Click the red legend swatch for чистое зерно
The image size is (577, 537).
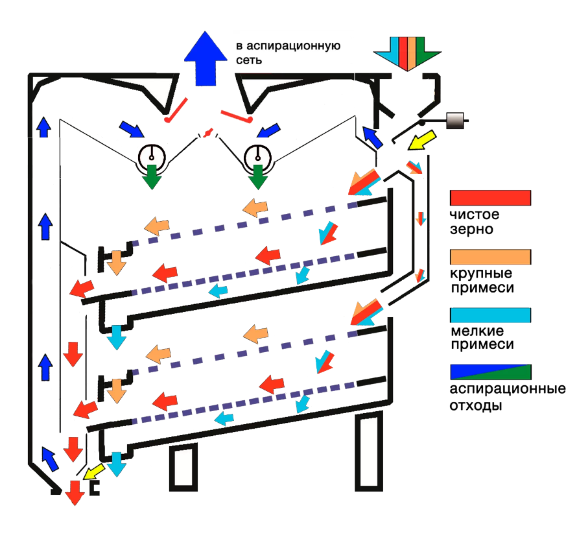pos(491,197)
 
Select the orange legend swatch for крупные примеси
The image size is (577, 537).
pos(491,256)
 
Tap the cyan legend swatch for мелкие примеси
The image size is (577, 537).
pos(491,315)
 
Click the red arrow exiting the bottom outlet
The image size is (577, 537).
pos(75,493)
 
